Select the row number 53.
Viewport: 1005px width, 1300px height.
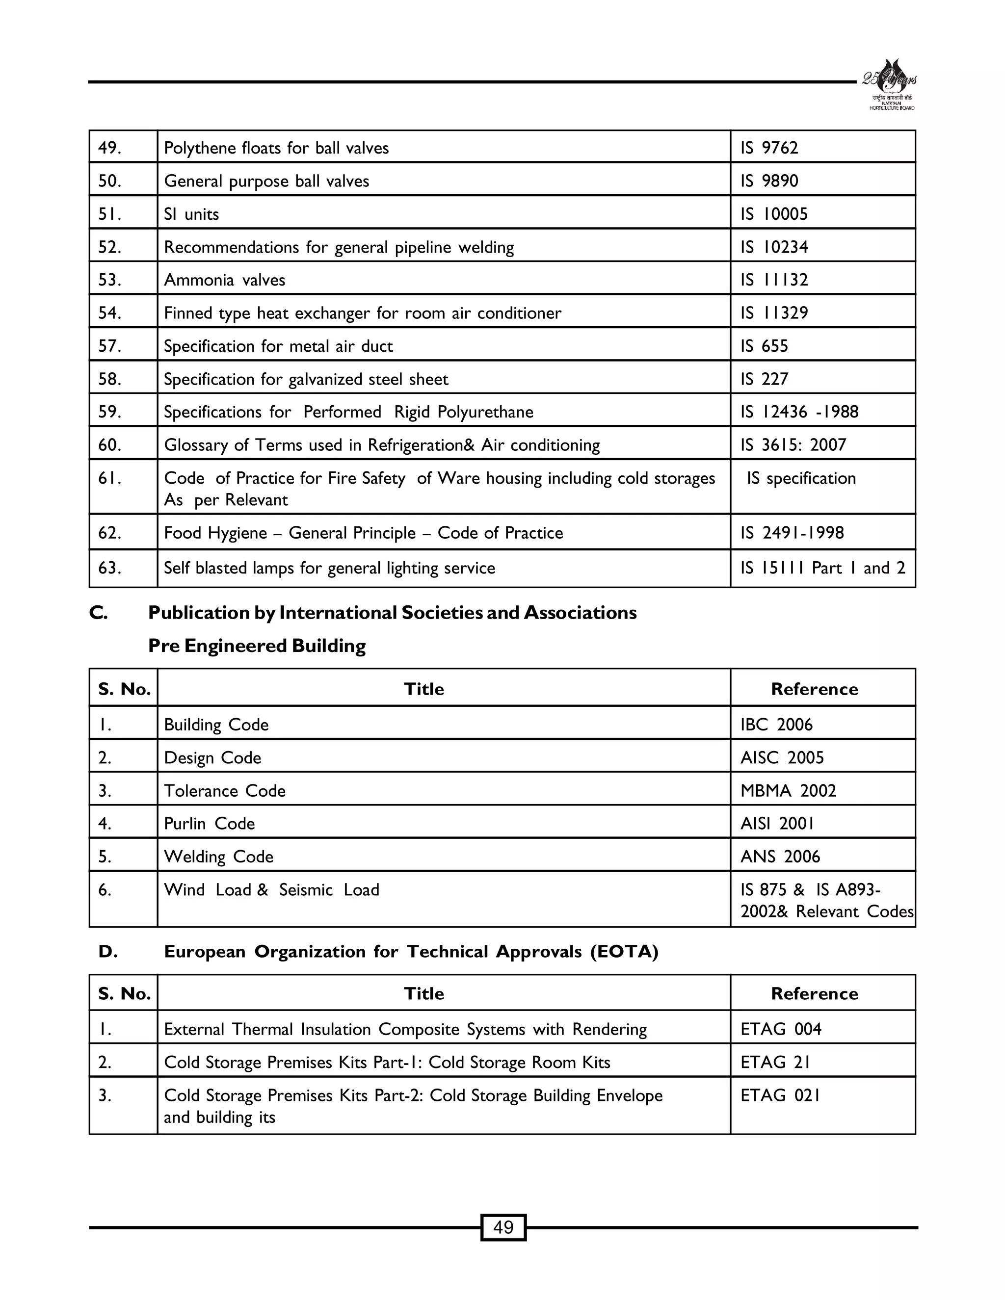click(109, 280)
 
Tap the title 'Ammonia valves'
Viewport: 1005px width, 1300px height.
click(224, 280)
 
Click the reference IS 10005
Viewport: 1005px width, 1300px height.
click(773, 214)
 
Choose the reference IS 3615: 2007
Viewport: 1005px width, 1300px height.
click(793, 444)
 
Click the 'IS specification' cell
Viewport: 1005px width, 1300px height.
click(801, 478)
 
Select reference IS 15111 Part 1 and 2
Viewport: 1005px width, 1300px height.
click(822, 568)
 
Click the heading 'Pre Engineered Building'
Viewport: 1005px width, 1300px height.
click(257, 646)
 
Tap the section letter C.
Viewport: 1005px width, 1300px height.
click(98, 613)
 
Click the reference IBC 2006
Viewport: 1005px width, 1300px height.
click(776, 725)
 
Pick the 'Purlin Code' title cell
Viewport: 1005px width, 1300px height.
click(209, 823)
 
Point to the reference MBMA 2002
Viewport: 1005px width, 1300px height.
click(788, 790)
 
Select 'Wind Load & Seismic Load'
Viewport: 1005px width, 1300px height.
click(271, 889)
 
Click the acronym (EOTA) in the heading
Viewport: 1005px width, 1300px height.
click(624, 952)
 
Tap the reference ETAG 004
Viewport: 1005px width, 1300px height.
click(781, 1029)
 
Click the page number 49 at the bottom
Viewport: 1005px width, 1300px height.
click(503, 1227)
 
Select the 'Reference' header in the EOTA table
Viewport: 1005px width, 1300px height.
click(814, 993)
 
